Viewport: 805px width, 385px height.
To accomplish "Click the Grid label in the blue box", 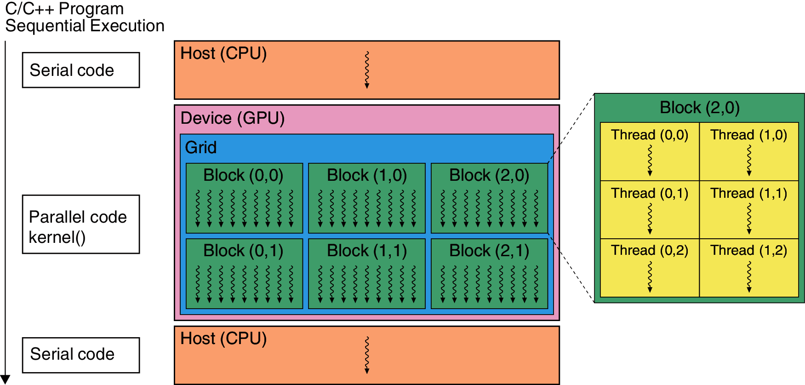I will coord(200,148).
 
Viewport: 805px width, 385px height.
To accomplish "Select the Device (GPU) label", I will coord(232,118).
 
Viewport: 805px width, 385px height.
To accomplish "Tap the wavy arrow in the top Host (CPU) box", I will coord(367,69).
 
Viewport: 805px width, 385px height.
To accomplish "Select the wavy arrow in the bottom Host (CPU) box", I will coord(367,355).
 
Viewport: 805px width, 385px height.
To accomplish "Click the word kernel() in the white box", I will coord(57,237).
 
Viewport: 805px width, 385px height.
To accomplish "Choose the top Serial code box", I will coord(81,70).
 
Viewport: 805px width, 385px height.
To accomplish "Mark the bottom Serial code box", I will coord(81,355).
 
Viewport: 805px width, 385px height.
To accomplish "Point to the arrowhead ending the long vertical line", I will coord(5,379).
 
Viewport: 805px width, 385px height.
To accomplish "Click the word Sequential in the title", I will coord(41,26).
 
